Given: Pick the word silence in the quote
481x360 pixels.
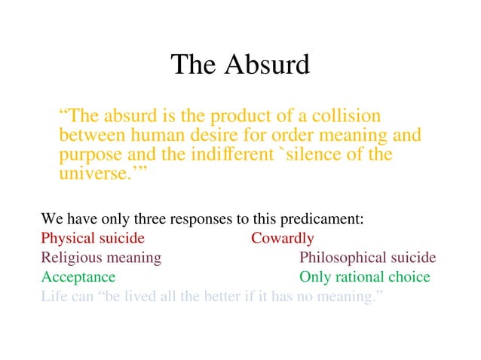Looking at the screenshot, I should click(320, 155).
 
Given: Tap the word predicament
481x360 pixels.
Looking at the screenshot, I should click(322, 221).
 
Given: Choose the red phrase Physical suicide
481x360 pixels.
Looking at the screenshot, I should click(93, 239).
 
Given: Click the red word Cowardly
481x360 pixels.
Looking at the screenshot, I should click(283, 239).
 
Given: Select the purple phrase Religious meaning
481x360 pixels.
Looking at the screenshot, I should click(101, 258).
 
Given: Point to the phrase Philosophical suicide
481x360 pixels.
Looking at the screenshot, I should click(368, 258).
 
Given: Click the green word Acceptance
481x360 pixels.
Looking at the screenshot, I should click(78, 278).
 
